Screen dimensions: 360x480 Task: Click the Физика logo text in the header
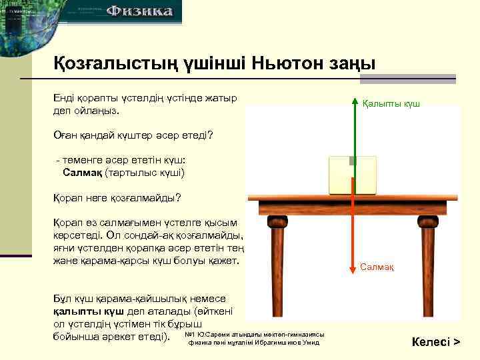click(x=140, y=11)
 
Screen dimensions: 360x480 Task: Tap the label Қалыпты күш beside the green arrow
click(x=391, y=105)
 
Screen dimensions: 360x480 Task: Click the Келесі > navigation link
click(x=436, y=342)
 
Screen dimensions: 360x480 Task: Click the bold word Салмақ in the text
click(x=82, y=173)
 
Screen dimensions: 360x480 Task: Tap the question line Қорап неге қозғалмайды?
click(x=117, y=198)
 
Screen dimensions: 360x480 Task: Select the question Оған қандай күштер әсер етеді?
click(x=133, y=135)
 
